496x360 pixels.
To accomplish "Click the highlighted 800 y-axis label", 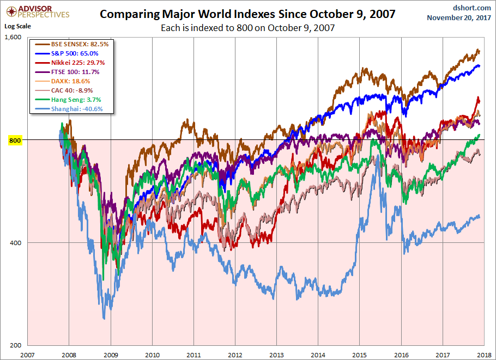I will [x=15, y=140].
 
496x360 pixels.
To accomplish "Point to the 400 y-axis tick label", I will [x=15, y=242].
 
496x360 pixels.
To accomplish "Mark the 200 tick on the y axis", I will [x=15, y=345].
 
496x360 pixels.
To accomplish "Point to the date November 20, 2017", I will [x=459, y=17].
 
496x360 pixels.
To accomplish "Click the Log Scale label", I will [x=17, y=26].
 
